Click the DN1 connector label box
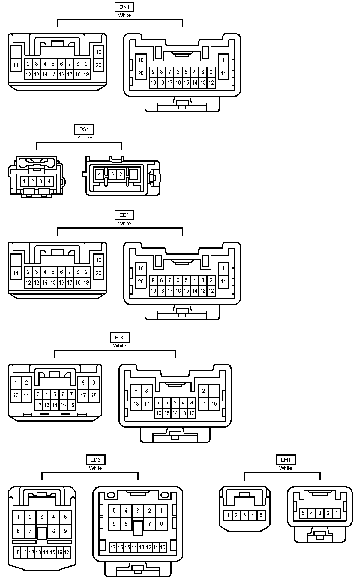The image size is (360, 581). (x=124, y=7)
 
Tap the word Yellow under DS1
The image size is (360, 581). (x=84, y=138)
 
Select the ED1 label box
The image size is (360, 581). (x=124, y=215)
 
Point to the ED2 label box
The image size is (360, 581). (x=119, y=338)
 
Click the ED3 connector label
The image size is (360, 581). (x=95, y=460)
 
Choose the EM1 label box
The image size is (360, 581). (x=286, y=460)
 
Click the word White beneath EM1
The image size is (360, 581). (x=286, y=468)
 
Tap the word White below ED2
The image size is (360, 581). (x=119, y=346)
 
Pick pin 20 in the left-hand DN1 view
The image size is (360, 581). (x=99, y=65)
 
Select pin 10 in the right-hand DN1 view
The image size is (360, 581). (x=141, y=60)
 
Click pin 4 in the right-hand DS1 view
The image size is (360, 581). (x=99, y=174)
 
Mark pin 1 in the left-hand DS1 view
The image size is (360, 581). (x=24, y=181)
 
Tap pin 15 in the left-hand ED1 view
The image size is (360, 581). (x=53, y=282)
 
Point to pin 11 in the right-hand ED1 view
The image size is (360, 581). (x=223, y=282)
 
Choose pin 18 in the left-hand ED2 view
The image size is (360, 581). (x=94, y=395)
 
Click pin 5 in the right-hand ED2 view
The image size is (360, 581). (x=175, y=403)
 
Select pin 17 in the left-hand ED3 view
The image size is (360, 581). (x=67, y=552)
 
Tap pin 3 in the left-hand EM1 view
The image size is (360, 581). (x=244, y=515)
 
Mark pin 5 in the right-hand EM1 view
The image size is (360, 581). (x=303, y=513)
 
